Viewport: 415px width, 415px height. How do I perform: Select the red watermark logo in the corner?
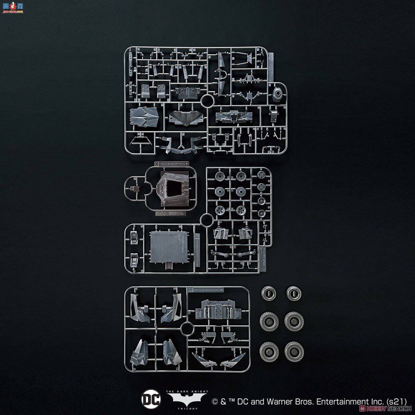point(12,6)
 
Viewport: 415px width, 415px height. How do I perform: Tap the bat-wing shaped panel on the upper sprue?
point(183,118)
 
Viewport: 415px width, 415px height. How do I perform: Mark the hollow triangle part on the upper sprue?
point(141,142)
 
